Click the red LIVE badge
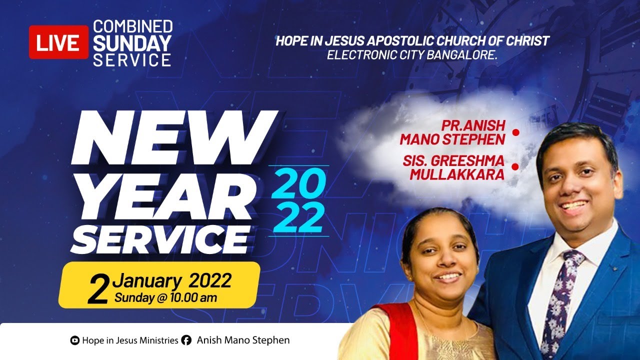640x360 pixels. coord(58,42)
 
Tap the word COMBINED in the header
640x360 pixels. coord(133,26)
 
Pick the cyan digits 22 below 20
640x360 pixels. coord(298,217)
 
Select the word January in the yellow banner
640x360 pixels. coord(146,281)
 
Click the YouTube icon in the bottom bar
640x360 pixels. coord(75,340)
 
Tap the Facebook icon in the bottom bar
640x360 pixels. coord(186,340)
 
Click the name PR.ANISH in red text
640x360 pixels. coord(472,125)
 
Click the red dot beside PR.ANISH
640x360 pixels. coord(516,132)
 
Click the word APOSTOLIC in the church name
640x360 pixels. coord(404,41)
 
